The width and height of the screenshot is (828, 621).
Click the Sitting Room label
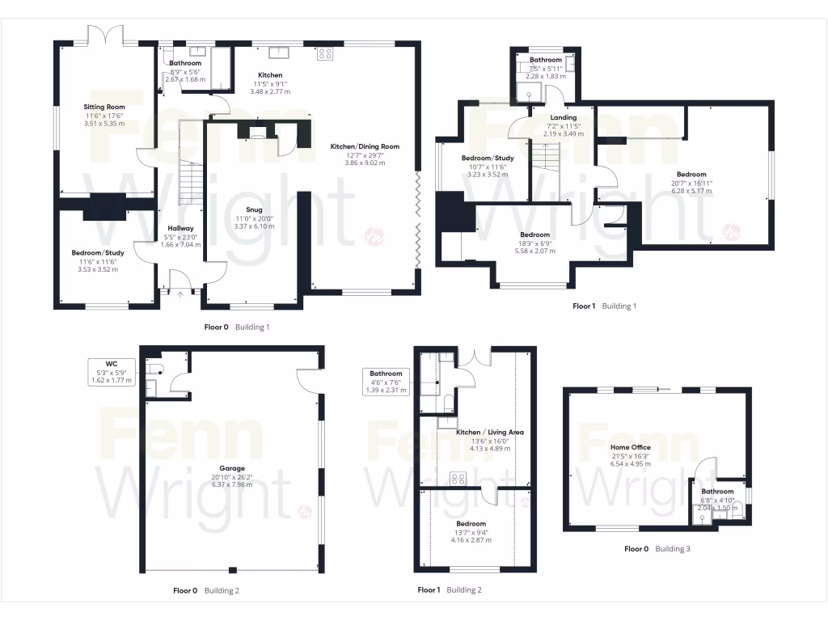(x=105, y=107)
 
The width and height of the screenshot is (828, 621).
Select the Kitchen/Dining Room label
(x=365, y=146)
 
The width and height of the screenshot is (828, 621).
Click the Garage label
(x=232, y=468)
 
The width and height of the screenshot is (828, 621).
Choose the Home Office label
(x=631, y=447)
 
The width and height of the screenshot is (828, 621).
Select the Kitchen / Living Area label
(x=490, y=433)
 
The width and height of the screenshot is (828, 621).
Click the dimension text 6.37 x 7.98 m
(x=232, y=485)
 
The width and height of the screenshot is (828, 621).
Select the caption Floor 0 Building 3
(x=657, y=549)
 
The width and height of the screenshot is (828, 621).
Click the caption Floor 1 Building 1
(x=604, y=306)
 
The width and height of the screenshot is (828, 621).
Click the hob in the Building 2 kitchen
(x=457, y=478)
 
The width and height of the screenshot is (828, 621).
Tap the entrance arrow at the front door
(x=180, y=294)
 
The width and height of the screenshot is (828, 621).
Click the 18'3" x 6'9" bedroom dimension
(x=535, y=243)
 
